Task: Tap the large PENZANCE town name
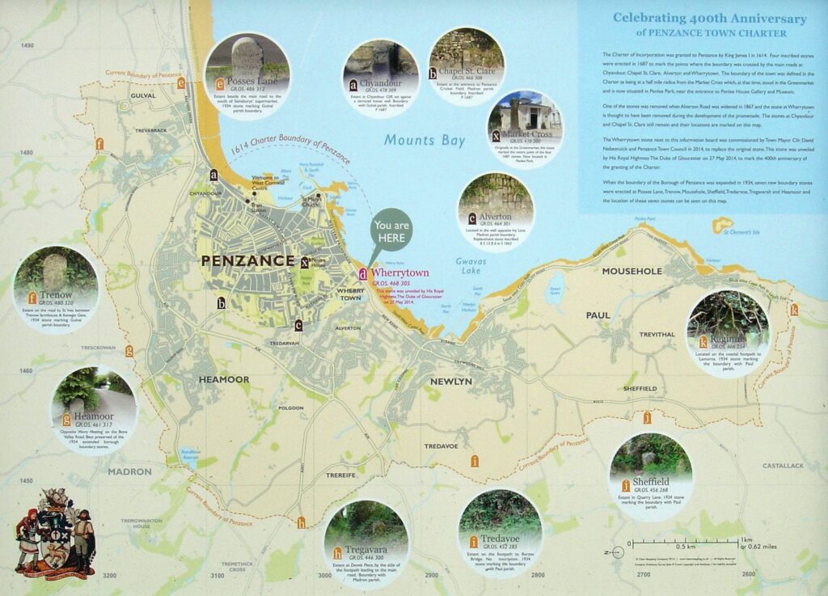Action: [247, 260]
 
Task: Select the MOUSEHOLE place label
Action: [632, 271]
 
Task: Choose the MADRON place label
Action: [129, 471]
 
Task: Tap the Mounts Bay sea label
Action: [425, 141]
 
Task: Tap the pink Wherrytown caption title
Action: [400, 273]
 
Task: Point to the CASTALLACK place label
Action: [781, 466]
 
